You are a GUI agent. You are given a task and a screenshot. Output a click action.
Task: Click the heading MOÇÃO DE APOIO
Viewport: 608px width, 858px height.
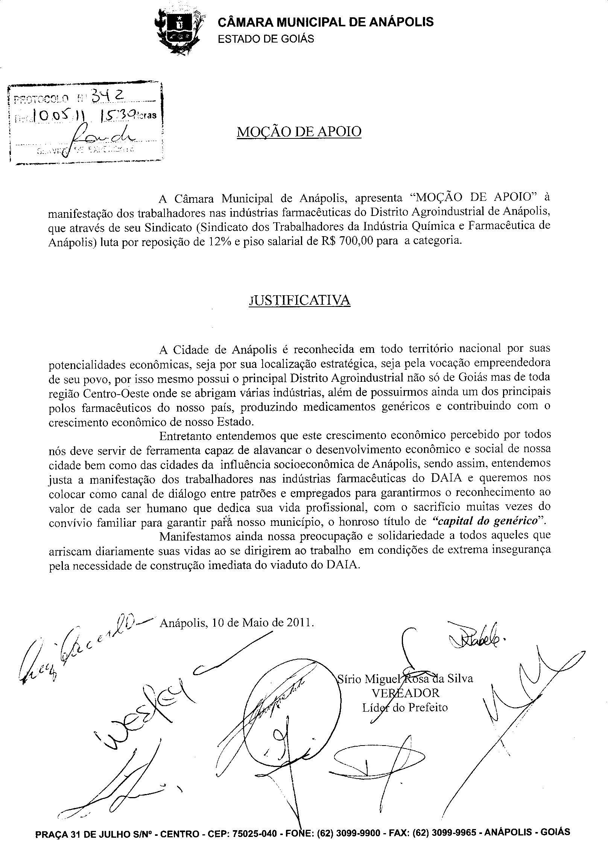[x=299, y=132]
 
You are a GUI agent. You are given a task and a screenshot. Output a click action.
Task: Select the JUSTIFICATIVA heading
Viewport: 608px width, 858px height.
[x=299, y=300]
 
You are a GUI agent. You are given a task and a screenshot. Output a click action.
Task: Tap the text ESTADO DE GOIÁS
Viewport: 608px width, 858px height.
[x=266, y=39]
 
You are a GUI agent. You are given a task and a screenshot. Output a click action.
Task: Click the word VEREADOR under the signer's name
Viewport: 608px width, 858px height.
[x=405, y=692]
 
